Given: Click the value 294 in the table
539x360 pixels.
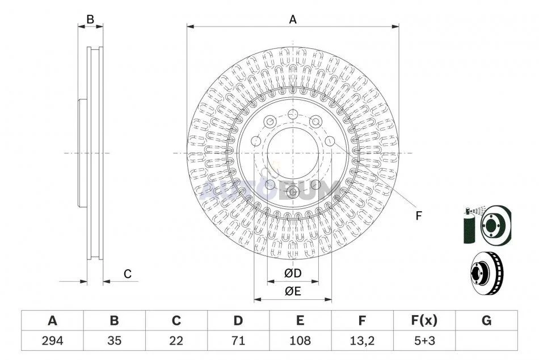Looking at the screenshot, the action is pos(52,341).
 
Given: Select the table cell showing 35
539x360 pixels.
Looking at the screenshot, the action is pos(114,341).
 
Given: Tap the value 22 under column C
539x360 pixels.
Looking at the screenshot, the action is pos(176,341).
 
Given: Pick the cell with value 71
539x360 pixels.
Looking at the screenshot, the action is pos(238,341).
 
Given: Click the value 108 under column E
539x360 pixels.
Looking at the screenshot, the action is pos(300,341).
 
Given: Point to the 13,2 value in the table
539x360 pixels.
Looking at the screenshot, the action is pos(362,341).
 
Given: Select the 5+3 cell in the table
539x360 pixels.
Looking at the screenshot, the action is pos(424,341).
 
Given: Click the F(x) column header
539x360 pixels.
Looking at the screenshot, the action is pos(424,320).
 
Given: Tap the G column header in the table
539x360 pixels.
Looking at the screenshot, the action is pos(486,320).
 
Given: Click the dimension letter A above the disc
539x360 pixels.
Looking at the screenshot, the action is pos(293,20).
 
